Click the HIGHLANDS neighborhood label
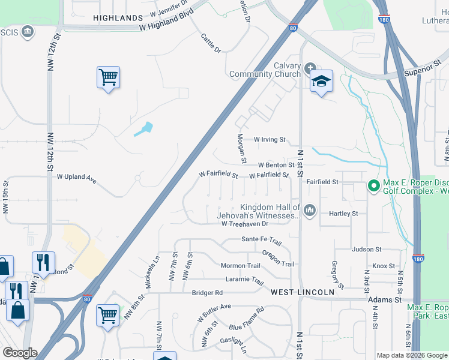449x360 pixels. [x=118, y=18]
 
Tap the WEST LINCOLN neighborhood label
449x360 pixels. [x=302, y=292]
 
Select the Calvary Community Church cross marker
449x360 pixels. [x=310, y=67]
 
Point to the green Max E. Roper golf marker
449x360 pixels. [x=373, y=187]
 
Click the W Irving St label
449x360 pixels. [x=269, y=139]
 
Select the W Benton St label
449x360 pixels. [x=276, y=165]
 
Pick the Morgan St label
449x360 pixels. [x=243, y=148]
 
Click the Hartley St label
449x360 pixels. [x=343, y=213]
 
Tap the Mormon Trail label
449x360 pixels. [x=240, y=266]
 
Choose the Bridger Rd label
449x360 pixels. [x=207, y=293]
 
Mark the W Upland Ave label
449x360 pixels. [x=77, y=178]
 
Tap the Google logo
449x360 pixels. [x=20, y=353]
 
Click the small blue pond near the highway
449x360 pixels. [x=143, y=129]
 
